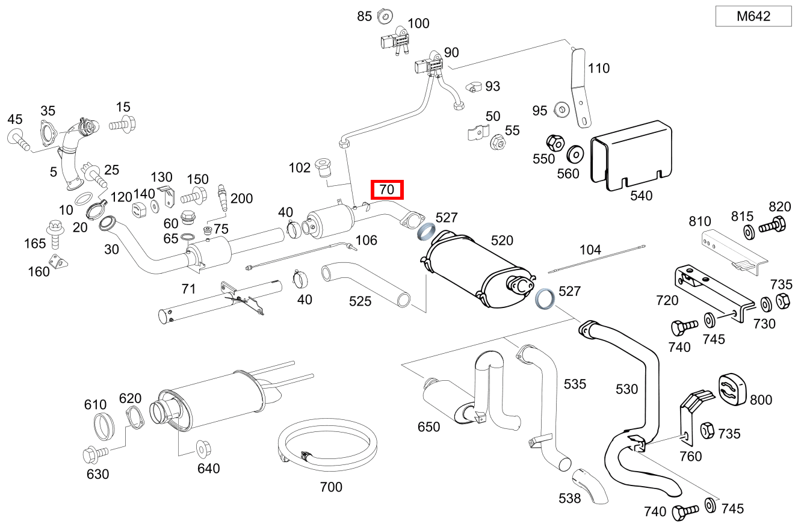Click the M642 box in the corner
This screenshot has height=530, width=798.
click(753, 17)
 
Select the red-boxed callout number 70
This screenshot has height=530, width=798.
click(387, 190)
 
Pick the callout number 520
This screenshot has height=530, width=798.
click(502, 241)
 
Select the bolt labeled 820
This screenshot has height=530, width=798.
click(772, 227)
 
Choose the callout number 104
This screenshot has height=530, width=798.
click(590, 249)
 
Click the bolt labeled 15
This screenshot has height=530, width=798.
click(123, 126)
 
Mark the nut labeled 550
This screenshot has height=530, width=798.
click(555, 144)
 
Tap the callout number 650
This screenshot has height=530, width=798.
click(429, 427)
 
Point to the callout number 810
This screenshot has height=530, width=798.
click(700, 221)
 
